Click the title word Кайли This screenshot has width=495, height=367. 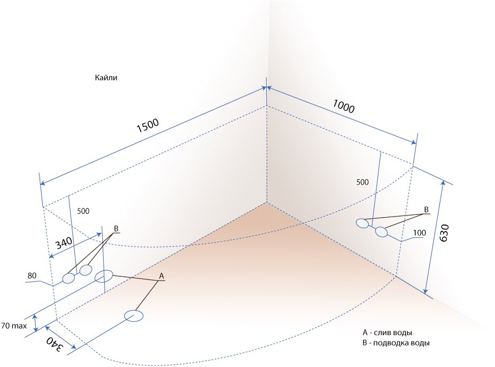(106, 77)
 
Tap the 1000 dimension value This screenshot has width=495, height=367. (344, 106)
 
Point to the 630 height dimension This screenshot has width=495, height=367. (444, 233)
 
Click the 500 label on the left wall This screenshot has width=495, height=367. (83, 211)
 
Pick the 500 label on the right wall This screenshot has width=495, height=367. (362, 182)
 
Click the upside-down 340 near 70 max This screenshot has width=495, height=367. (55, 344)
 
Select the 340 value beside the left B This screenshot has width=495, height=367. (64, 243)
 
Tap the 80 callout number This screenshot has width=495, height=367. (32, 276)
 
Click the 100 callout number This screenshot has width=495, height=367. (420, 233)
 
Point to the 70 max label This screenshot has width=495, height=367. (14, 326)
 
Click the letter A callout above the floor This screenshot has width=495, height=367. (161, 276)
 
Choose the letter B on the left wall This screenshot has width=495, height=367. (116, 229)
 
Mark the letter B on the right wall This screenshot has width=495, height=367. (426, 210)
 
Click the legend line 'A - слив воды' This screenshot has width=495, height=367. (387, 333)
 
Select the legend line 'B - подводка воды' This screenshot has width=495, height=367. (396, 343)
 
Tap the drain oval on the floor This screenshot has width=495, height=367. (134, 316)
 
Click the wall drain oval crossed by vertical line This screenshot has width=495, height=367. (104, 276)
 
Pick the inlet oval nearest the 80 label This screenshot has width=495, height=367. (68, 278)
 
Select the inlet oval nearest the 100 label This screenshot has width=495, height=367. (381, 232)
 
